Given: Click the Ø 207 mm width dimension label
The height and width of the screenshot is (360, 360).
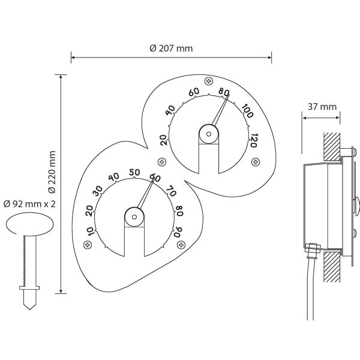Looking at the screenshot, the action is point(171,49).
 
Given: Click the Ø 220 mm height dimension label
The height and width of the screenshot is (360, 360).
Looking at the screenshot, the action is point(52,172).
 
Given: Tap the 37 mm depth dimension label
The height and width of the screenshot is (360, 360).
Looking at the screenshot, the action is point(322,107).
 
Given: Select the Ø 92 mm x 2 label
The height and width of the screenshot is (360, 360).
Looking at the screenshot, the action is point(29,203).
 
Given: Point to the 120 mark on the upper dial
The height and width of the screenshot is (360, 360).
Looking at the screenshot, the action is point(253,140).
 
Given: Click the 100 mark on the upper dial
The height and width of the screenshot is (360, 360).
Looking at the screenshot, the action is point(247,111).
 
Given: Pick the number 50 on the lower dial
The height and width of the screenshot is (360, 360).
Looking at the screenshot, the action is point(134,172).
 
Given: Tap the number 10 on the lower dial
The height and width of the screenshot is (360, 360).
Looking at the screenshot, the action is point(91,232).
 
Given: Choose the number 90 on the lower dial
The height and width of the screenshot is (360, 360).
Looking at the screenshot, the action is point(178,232).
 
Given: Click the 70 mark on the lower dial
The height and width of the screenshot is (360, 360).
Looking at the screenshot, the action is point(171,191).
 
